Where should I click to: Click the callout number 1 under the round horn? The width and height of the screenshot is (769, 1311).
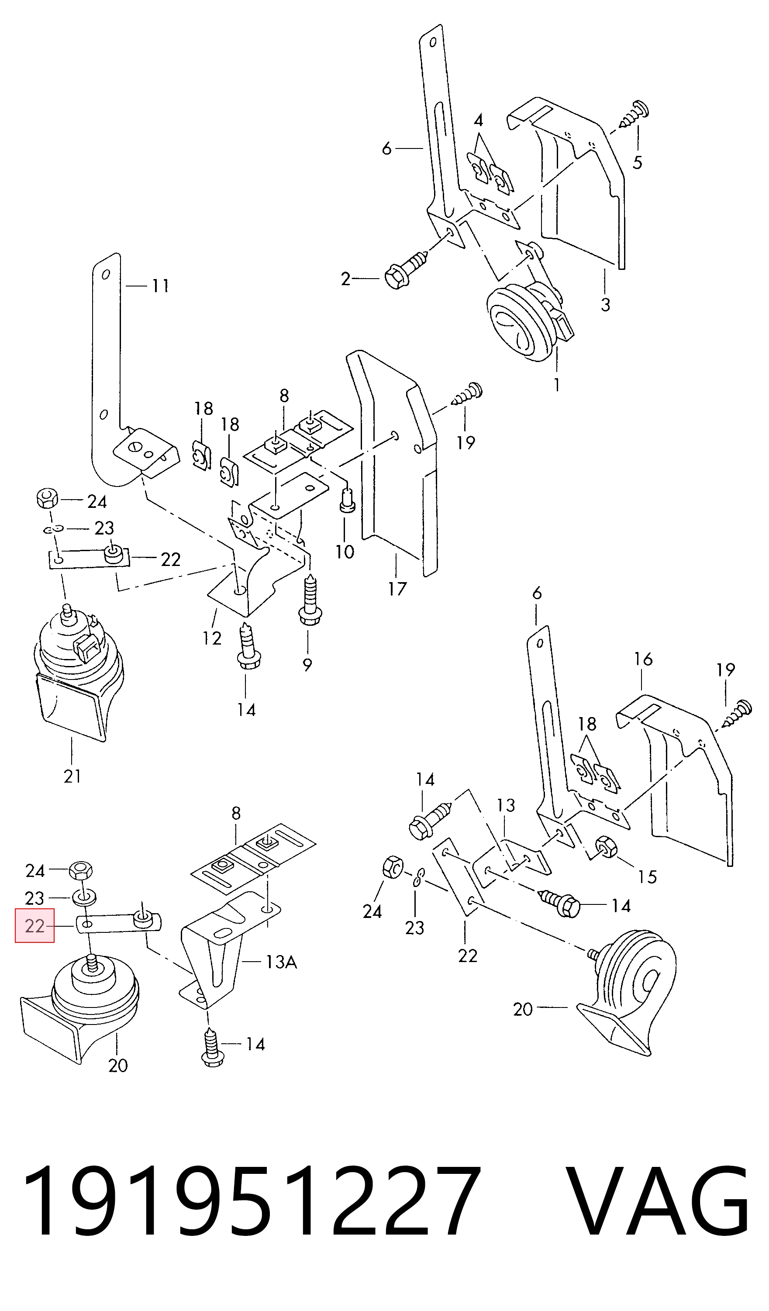point(557,385)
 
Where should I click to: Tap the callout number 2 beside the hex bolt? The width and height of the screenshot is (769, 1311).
point(346,279)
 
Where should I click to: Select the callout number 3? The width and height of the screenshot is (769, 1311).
point(605,304)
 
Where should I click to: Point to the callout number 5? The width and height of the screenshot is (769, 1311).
point(638,162)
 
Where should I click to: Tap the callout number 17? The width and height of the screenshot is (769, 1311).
point(397,589)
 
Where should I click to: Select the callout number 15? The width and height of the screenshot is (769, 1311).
point(648,877)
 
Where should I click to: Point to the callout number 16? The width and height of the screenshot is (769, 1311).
point(643,659)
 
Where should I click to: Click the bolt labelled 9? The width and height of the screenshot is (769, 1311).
point(309,600)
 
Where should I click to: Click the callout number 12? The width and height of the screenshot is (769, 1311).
point(212,638)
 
